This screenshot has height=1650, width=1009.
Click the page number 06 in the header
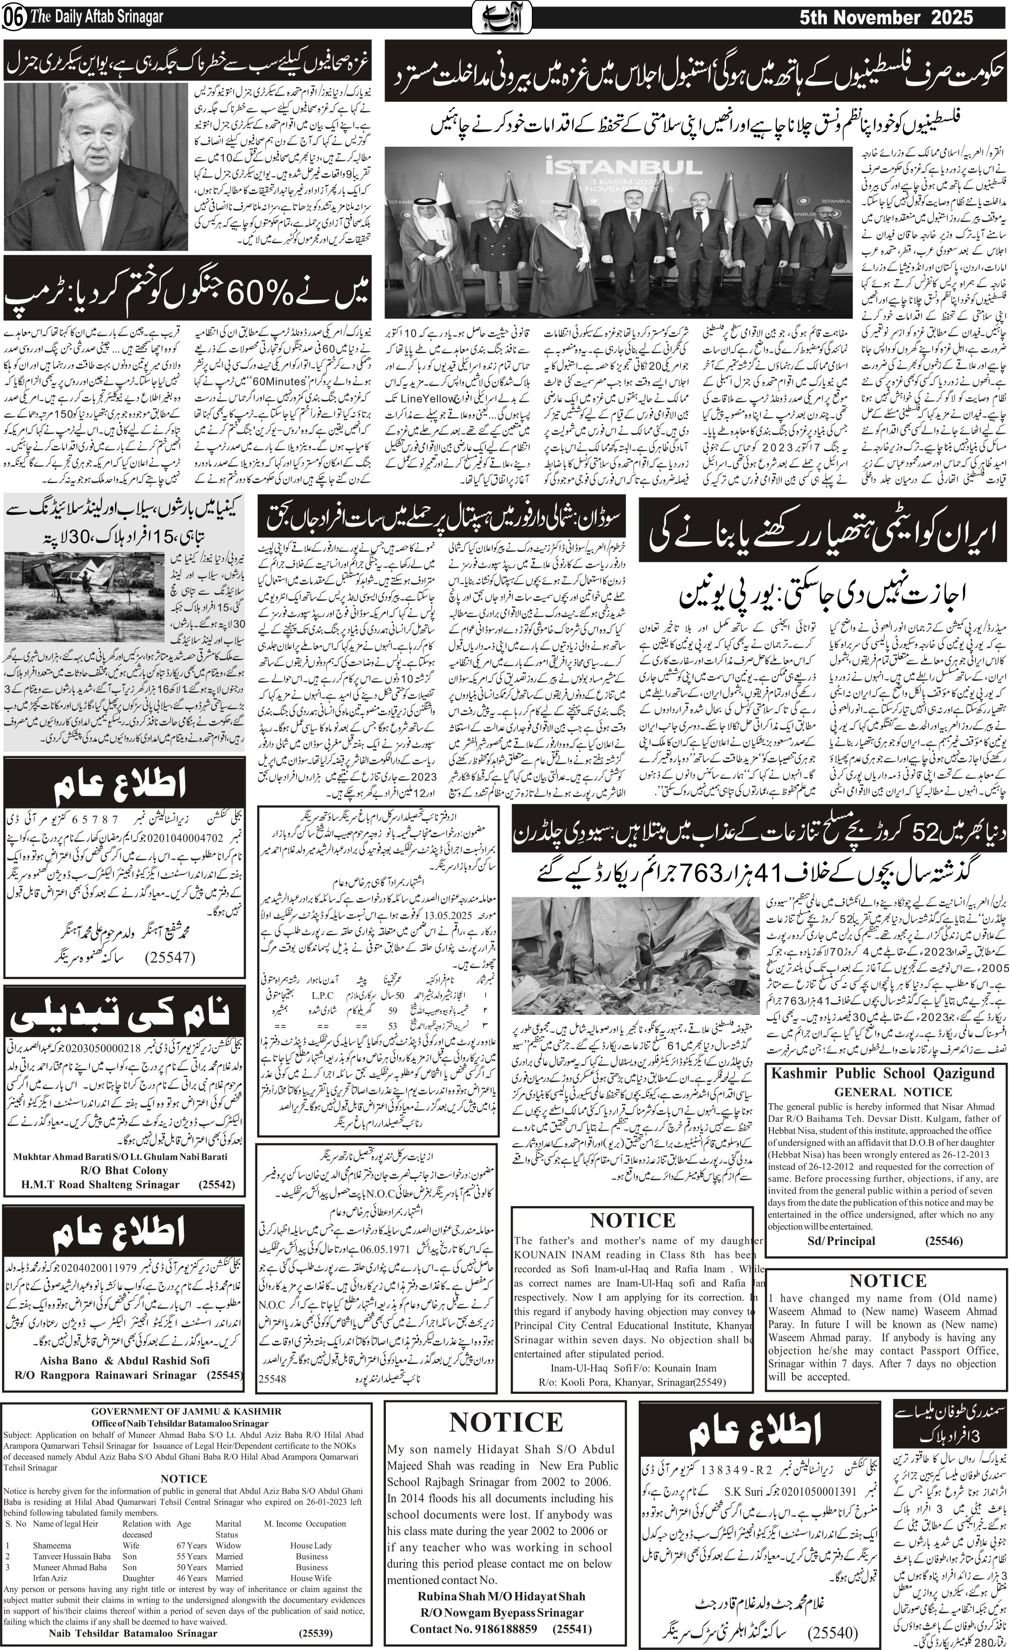coord(14,18)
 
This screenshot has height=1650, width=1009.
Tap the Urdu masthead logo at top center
coord(503,17)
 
